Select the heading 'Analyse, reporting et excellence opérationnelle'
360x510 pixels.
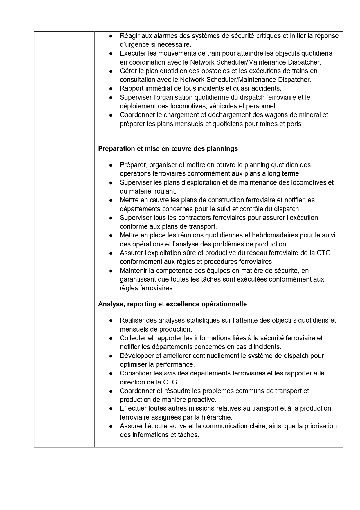tap(172, 304)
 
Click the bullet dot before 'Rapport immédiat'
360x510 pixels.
tap(111, 89)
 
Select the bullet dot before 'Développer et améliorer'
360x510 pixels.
tap(111, 356)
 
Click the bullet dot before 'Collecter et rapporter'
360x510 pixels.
tap(111, 338)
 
